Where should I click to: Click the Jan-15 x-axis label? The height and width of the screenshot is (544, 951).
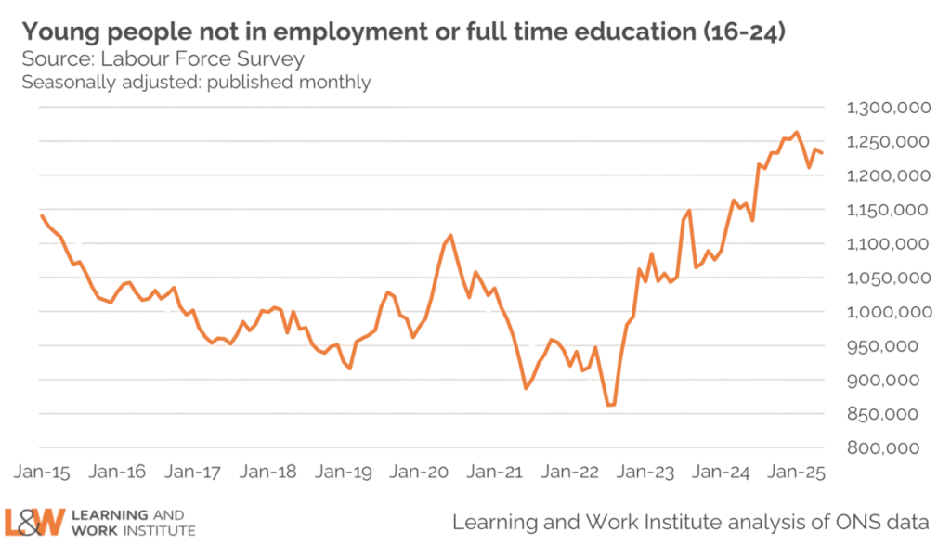(x=36, y=472)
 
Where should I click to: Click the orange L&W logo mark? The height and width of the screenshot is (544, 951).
(x=33, y=522)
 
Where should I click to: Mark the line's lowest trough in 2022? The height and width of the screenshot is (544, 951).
(x=610, y=406)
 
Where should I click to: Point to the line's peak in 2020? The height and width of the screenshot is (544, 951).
(x=450, y=234)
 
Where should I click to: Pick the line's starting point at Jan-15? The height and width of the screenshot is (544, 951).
(x=41, y=214)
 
